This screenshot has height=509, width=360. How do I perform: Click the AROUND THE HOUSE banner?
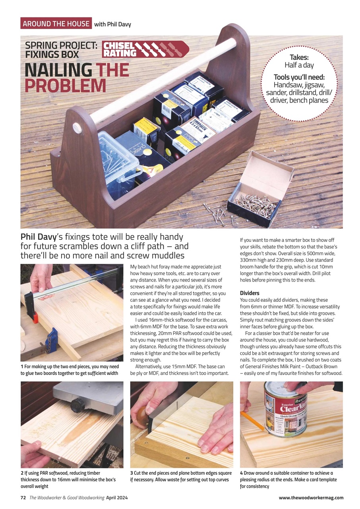click(56, 23)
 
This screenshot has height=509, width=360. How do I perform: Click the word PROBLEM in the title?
click(65, 86)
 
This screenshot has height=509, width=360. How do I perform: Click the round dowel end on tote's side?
click(77, 128)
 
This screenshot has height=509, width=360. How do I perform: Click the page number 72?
click(23, 497)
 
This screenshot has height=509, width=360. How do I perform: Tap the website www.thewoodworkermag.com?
click(311, 497)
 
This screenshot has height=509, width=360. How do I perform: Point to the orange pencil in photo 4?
click(252, 421)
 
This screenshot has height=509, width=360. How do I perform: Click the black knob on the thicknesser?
click(77, 406)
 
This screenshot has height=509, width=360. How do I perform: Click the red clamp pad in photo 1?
click(35, 317)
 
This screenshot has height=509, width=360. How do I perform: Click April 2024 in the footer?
click(117, 497)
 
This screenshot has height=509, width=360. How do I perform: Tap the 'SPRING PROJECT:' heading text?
click(61, 45)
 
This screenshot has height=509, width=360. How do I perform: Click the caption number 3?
click(132, 473)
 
